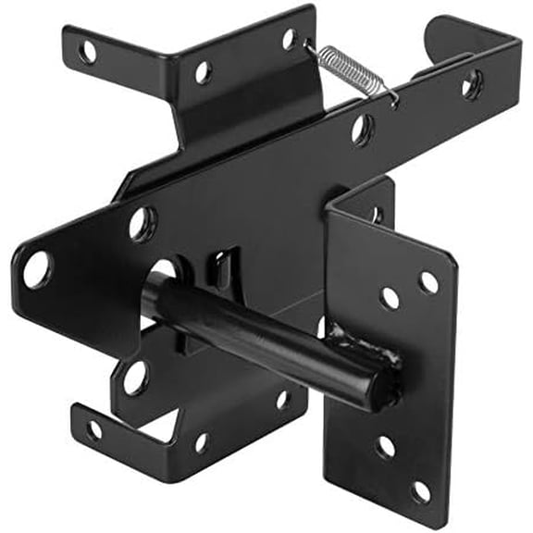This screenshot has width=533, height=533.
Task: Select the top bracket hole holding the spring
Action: click(290, 38)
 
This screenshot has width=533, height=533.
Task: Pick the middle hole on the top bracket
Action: click(202, 71)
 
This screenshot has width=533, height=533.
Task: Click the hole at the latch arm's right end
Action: click(471, 86)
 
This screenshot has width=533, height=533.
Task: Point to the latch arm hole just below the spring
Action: click(362, 127)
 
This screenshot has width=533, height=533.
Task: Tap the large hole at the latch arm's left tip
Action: click(37, 268)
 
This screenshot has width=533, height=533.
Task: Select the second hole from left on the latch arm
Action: click(142, 223)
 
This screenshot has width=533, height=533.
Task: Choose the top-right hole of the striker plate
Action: click(428, 282)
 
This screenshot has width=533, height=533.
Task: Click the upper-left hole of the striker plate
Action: click(390, 297)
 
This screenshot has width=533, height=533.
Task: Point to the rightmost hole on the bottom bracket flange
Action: click(283, 400)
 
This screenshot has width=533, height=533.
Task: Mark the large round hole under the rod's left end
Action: click(134, 377)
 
